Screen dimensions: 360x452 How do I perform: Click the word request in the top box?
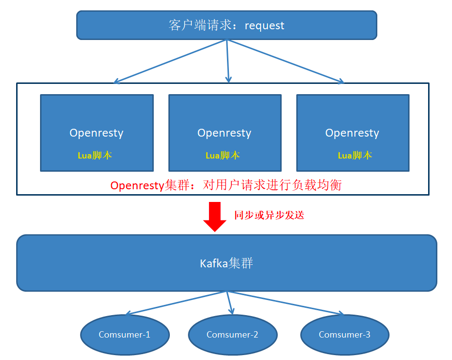pos(265,25)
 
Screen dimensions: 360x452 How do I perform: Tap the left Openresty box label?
pos(96,133)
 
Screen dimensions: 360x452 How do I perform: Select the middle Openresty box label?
pos(224,133)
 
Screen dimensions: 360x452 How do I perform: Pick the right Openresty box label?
pos(352,133)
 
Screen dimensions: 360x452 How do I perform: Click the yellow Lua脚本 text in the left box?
pos(95,155)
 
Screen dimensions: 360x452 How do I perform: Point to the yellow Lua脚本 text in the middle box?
pos(223,155)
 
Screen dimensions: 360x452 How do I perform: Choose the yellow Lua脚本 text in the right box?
pos(355,155)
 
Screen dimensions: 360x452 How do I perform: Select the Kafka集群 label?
pos(226,263)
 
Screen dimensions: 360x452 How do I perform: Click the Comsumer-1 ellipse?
pos(124,335)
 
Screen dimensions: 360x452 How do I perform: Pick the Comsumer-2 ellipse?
pos(232,335)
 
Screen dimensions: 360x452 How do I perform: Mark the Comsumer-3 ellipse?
pos(345,335)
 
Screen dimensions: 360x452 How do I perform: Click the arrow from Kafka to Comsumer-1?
pos(176,302)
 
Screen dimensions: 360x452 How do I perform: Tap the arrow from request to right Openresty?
pos(286,61)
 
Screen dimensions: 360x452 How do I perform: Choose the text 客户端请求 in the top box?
pos(200,25)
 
